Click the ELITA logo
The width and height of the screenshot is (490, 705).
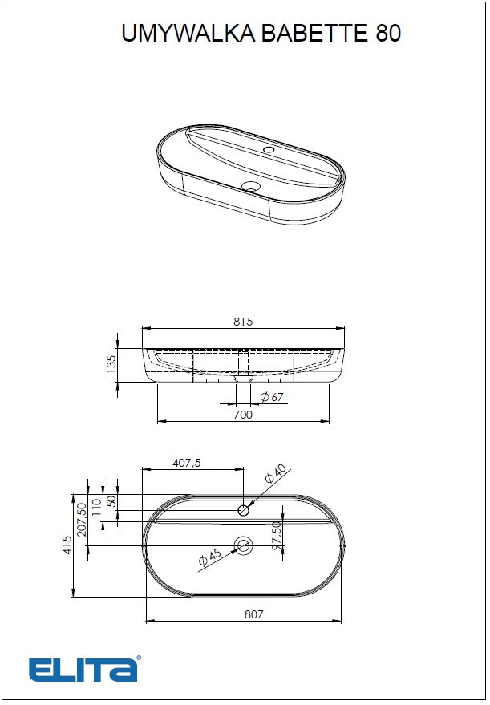(x=84, y=669)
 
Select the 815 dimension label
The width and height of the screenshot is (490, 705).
(x=243, y=322)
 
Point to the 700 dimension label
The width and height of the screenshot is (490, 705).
(x=242, y=415)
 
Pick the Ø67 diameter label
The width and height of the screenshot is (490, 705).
(x=273, y=397)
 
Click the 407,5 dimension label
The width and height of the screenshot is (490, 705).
(x=187, y=463)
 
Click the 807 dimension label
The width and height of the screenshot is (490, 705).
(x=253, y=614)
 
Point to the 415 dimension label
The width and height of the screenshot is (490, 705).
(x=67, y=545)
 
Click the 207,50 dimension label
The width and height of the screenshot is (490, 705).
(x=82, y=521)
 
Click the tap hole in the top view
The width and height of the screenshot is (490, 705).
(x=245, y=509)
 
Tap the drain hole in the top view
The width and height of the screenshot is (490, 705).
(x=243, y=546)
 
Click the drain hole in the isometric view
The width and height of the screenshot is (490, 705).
(x=252, y=187)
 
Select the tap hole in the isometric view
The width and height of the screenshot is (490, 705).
(x=269, y=149)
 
